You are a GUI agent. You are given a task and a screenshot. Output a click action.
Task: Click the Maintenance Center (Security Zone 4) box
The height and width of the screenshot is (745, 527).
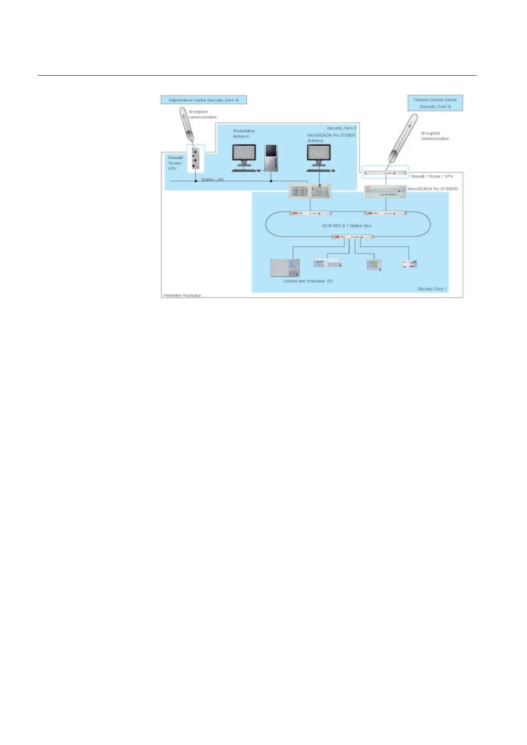204,100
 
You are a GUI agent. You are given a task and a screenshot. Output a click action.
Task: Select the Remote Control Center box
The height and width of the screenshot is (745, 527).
435,103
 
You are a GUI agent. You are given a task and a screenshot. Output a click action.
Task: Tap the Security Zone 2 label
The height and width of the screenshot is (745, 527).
341,128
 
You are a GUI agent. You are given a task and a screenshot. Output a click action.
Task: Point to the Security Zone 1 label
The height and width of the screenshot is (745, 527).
432,289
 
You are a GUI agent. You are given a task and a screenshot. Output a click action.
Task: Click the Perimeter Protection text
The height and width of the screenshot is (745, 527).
182,295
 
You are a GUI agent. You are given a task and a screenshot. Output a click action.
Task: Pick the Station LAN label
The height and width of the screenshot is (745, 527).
212,180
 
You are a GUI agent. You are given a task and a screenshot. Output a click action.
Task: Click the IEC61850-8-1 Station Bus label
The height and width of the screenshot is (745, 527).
346,226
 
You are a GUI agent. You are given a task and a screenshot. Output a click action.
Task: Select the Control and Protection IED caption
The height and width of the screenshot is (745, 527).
308,281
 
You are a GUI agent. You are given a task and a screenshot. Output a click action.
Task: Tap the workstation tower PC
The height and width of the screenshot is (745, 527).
271,158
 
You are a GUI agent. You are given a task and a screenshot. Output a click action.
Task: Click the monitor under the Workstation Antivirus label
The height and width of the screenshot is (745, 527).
244,157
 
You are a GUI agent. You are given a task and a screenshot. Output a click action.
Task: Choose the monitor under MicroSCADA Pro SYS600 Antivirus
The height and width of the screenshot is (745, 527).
319,157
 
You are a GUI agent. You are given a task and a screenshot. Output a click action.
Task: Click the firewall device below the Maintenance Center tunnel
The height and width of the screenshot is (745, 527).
196,158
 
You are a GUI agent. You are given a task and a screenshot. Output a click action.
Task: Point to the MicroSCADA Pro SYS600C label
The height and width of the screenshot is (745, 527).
433,189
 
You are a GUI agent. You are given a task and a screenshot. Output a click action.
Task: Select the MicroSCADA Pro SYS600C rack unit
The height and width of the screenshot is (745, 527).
385,192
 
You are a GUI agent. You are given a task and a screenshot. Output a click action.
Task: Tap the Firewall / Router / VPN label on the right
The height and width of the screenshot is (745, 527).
432,176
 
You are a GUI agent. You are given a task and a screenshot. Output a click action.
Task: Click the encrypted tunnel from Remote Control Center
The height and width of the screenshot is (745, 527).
403,138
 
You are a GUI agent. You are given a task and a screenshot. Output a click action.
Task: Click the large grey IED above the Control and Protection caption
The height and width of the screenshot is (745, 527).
285,268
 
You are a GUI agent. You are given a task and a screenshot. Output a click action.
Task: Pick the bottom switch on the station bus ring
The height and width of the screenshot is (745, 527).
353,237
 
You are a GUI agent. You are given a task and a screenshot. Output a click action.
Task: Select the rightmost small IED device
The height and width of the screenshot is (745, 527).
409,264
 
